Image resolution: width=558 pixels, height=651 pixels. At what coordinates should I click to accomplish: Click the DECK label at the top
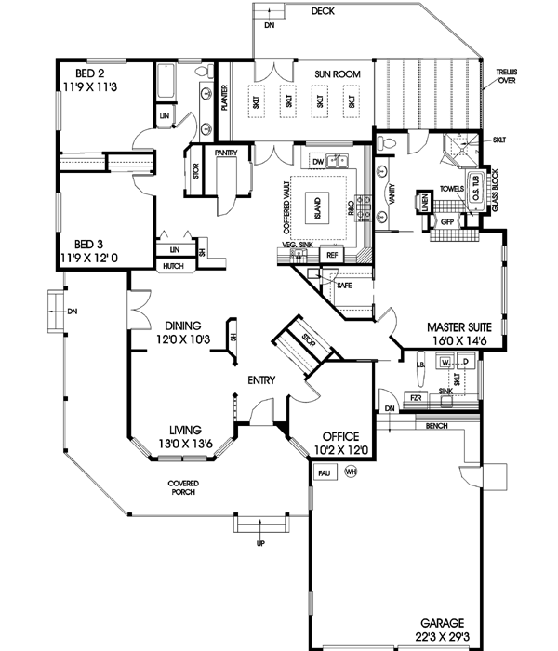[323, 11]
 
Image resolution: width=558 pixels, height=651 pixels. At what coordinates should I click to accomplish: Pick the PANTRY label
[227, 151]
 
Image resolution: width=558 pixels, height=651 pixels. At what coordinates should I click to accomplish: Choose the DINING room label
[184, 325]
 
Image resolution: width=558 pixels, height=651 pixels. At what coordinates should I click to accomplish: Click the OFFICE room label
[339, 436]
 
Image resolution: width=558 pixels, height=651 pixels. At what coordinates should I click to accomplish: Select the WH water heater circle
[351, 472]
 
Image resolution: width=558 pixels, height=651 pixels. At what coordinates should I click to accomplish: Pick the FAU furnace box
[325, 473]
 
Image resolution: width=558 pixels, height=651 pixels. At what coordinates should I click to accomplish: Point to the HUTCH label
[172, 267]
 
